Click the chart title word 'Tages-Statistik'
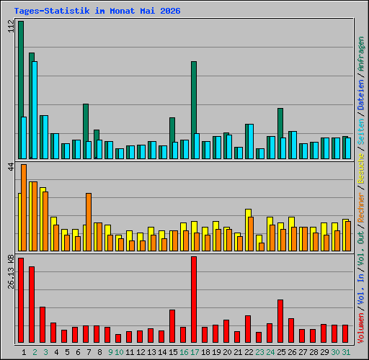click(52, 11)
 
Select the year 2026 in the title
click(170, 11)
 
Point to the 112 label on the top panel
click(11, 26)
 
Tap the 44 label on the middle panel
click(11, 167)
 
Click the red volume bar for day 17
click(194, 300)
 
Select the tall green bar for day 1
click(20, 90)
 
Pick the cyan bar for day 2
click(35, 110)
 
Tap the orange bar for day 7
click(89, 222)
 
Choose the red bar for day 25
click(280, 321)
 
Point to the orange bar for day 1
click(24, 207)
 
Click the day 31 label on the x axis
click(346, 352)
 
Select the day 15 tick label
click(173, 352)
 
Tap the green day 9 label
click(110, 352)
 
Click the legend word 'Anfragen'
click(361, 54)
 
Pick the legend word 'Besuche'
click(361, 168)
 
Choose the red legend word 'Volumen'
click(361, 328)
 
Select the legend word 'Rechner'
click(361, 207)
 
